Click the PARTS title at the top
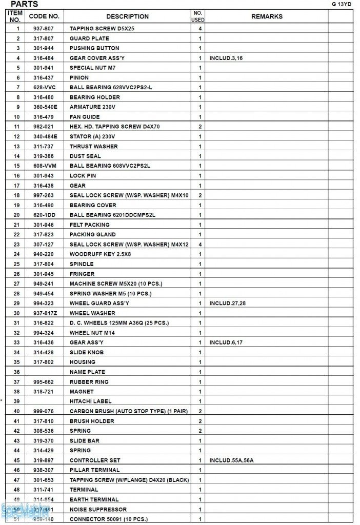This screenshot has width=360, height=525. tap(24, 4)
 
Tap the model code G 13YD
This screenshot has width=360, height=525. tap(342, 4)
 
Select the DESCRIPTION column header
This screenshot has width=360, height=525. tap(127, 16)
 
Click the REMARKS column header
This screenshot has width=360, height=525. tap(267, 16)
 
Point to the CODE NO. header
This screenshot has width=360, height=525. tap(44, 16)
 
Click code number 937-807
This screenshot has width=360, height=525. tap(44, 29)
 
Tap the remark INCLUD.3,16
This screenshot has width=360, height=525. tap(226, 58)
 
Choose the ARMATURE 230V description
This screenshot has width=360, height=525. tap(93, 107)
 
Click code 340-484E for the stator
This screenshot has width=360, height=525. tap(45, 136)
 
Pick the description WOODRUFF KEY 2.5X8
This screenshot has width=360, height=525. tap(101, 254)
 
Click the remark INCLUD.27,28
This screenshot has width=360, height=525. tap(228, 304)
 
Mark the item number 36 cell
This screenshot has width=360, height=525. tap(16, 372)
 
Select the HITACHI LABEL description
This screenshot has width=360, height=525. tap(91, 401)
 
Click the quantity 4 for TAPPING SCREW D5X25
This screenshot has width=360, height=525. tap(199, 29)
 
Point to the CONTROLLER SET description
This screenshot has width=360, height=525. tap(95, 460)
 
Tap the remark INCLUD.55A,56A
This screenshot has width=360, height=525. tap(231, 460)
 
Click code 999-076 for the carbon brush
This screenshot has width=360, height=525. tap(44, 411)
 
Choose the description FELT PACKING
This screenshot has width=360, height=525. tap(90, 225)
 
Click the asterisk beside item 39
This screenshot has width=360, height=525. tap(3, 400)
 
